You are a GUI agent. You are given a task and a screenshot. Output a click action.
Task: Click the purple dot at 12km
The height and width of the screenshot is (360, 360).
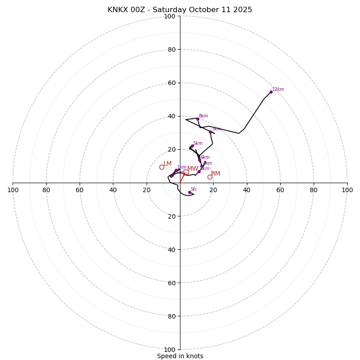[271, 92]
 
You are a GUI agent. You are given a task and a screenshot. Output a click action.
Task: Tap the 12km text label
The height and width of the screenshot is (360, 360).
[278, 89]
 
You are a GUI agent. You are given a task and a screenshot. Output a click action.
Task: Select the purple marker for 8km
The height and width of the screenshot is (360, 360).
[198, 119]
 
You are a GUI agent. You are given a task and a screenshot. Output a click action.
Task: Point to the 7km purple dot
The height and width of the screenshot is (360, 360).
[210, 132]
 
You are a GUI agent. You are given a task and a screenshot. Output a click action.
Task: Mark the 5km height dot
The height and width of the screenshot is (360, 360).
[192, 146]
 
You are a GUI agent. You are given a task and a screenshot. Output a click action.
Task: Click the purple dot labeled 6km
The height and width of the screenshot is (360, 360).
[199, 160]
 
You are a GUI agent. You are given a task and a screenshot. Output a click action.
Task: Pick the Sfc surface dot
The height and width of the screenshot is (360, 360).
[189, 192]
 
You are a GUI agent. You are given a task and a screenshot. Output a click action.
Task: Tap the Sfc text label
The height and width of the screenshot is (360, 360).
[193, 189]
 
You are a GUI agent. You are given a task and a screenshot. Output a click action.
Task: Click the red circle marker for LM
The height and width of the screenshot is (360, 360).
[162, 167]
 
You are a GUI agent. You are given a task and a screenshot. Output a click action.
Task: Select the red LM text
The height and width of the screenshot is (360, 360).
[167, 164]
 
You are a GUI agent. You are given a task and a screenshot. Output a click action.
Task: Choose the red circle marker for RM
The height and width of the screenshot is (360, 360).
[210, 177]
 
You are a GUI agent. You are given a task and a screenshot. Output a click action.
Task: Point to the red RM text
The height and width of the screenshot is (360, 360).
[216, 174]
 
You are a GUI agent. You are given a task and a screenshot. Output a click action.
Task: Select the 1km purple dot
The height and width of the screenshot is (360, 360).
[176, 170]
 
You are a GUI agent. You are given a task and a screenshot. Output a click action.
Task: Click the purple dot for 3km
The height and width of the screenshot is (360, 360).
[199, 171]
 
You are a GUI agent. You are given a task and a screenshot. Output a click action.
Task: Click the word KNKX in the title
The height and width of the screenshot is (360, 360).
[118, 10]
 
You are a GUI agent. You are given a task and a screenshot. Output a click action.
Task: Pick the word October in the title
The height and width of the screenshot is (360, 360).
[202, 10]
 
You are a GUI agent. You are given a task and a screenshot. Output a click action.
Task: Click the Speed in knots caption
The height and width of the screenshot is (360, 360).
[180, 356]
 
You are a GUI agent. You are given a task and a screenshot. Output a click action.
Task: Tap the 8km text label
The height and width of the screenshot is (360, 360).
[203, 116]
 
